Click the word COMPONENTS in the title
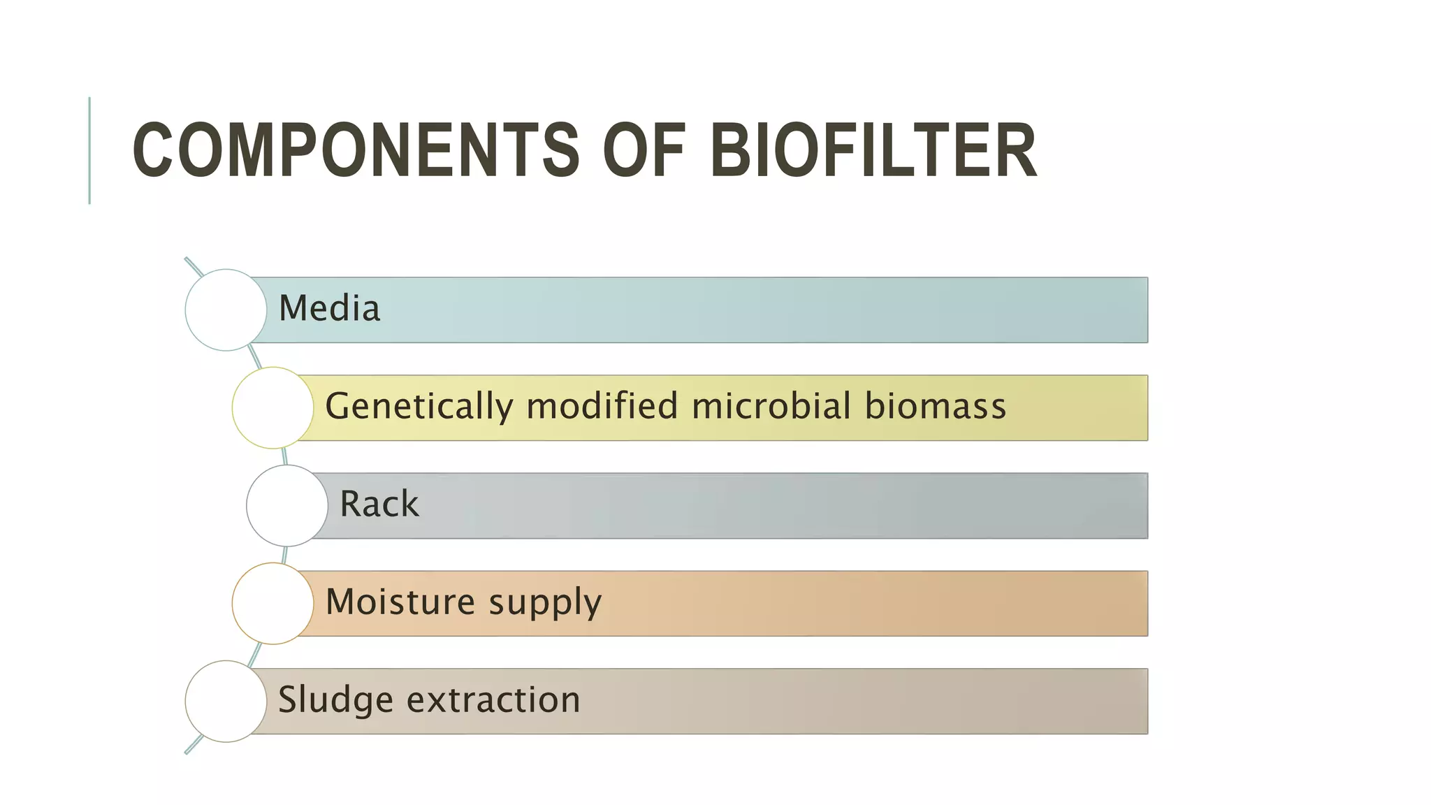(355, 150)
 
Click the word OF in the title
(643, 150)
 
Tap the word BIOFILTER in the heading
(873, 150)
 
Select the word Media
(329, 308)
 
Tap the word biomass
(936, 406)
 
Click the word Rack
(379, 504)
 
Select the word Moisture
(400, 602)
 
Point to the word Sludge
(335, 700)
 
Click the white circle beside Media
(226, 310)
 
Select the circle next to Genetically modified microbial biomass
(273, 407)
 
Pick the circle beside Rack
(287, 505)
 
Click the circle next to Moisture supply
(273, 603)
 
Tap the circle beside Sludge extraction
(226, 701)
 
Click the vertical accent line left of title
(89, 150)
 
